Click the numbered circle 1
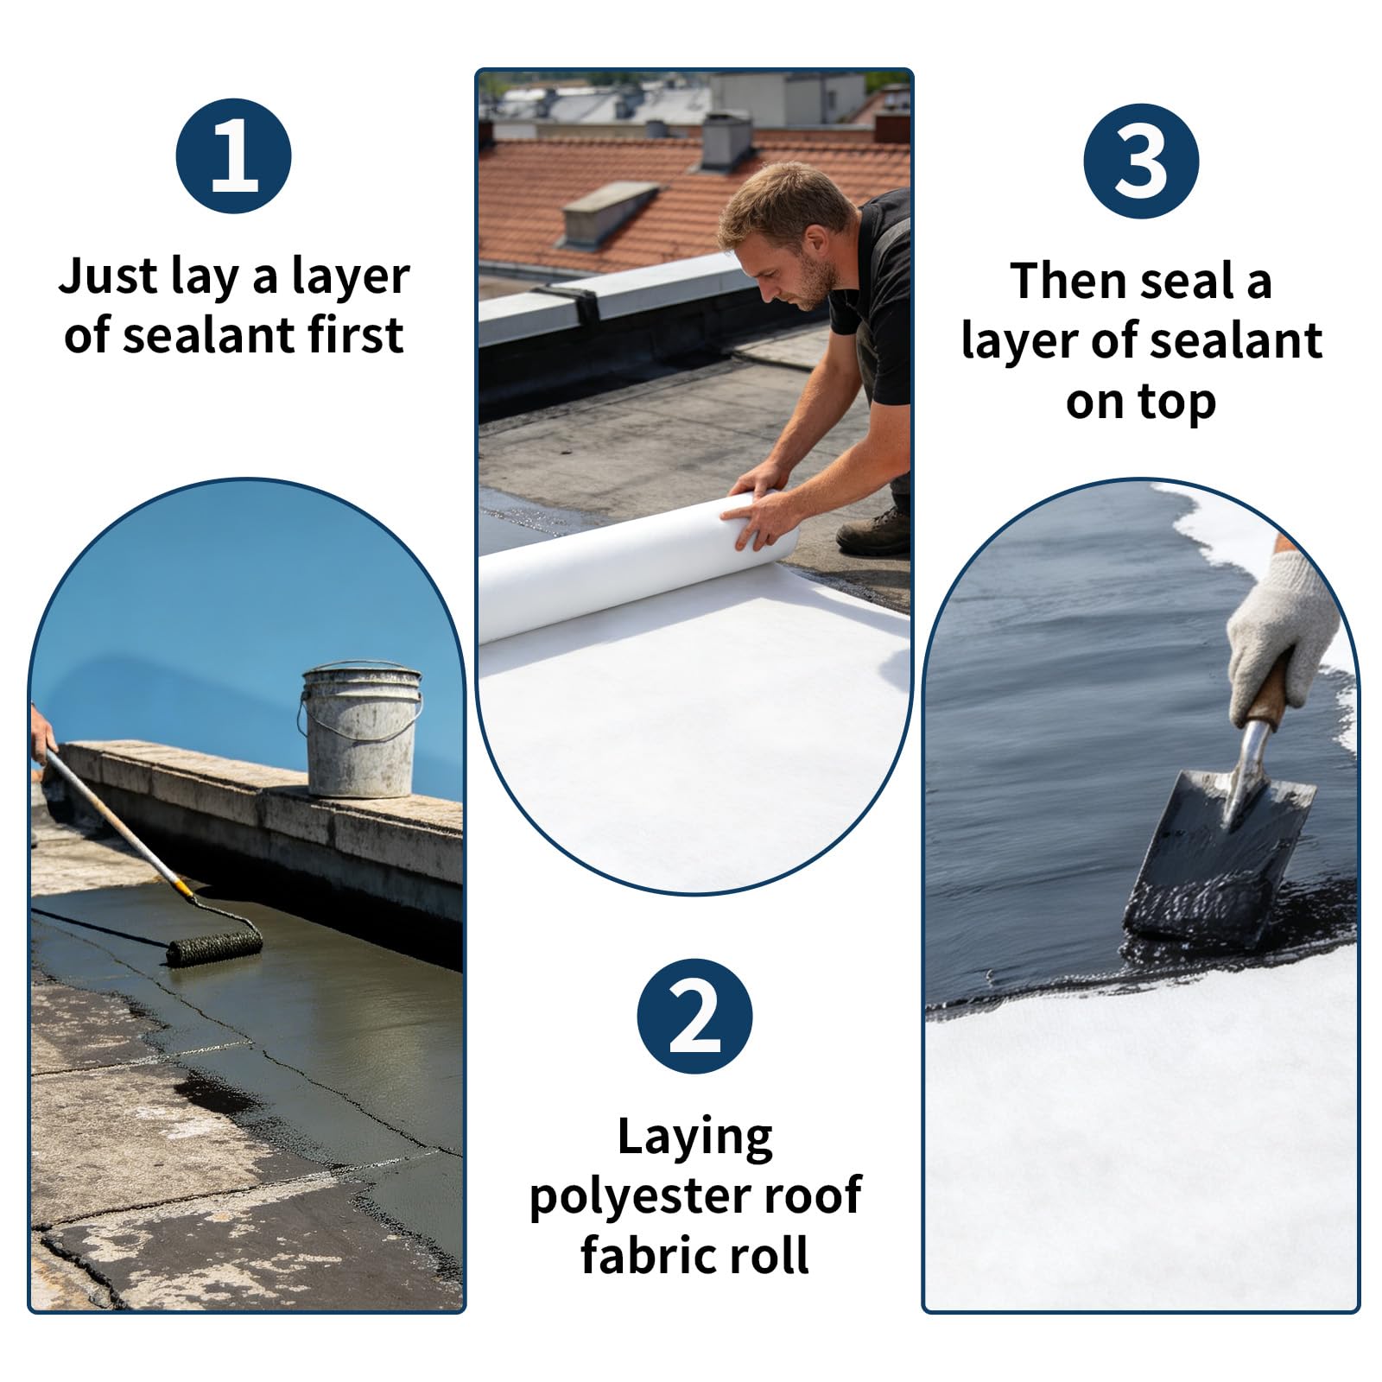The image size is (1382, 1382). pyautogui.click(x=233, y=155)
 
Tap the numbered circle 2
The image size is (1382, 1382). pyautogui.click(x=694, y=1017)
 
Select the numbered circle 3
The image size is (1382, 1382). pyautogui.click(x=1141, y=161)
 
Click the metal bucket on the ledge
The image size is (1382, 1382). pyautogui.click(x=360, y=729)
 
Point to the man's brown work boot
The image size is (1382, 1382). pyautogui.click(x=874, y=532)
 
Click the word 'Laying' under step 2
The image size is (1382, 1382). pyautogui.click(x=694, y=1138)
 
